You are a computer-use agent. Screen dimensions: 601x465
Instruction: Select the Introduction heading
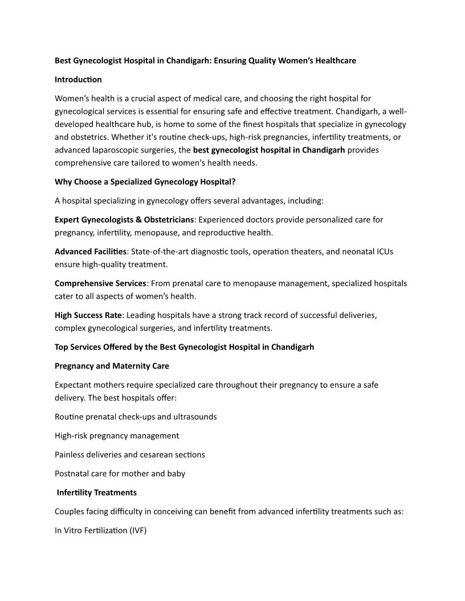78,79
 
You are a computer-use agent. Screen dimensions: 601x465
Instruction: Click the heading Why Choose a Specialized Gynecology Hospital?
145,182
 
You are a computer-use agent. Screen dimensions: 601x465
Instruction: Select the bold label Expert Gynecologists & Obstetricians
124,220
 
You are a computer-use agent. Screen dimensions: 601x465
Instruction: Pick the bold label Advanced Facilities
91,252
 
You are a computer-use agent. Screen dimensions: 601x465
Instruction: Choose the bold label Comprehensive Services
101,283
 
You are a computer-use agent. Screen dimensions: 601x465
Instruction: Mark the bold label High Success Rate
88,315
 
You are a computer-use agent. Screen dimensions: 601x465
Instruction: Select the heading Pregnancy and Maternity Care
112,366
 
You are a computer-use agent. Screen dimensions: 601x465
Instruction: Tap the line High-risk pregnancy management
117,436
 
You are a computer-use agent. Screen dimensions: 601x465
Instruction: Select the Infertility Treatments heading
97,492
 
